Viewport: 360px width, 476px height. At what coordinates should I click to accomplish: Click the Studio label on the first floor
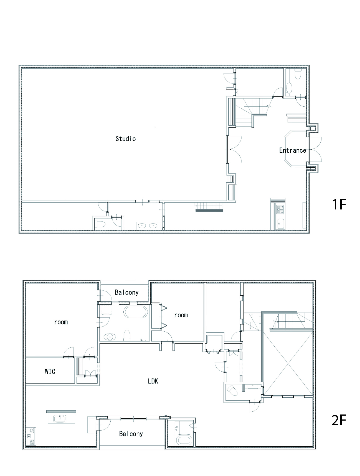coord(126,139)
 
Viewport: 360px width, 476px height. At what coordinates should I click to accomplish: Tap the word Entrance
coord(293,150)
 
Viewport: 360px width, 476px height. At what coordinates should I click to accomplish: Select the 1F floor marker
coord(339,204)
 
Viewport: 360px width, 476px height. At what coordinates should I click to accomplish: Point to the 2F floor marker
coord(339,420)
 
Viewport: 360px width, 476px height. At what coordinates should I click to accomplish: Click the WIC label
coord(50,371)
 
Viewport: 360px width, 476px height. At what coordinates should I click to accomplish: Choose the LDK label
coord(153,381)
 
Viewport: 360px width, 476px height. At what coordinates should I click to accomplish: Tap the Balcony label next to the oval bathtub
coord(127,292)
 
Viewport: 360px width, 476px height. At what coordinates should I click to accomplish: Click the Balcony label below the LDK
coord(131,434)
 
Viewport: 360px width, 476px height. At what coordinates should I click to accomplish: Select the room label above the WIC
coord(61,322)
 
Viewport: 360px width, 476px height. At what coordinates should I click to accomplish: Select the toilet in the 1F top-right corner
coord(298,74)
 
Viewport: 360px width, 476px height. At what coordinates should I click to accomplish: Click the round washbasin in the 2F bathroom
coord(110,337)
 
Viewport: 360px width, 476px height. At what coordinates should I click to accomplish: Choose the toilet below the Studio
coord(100,224)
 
